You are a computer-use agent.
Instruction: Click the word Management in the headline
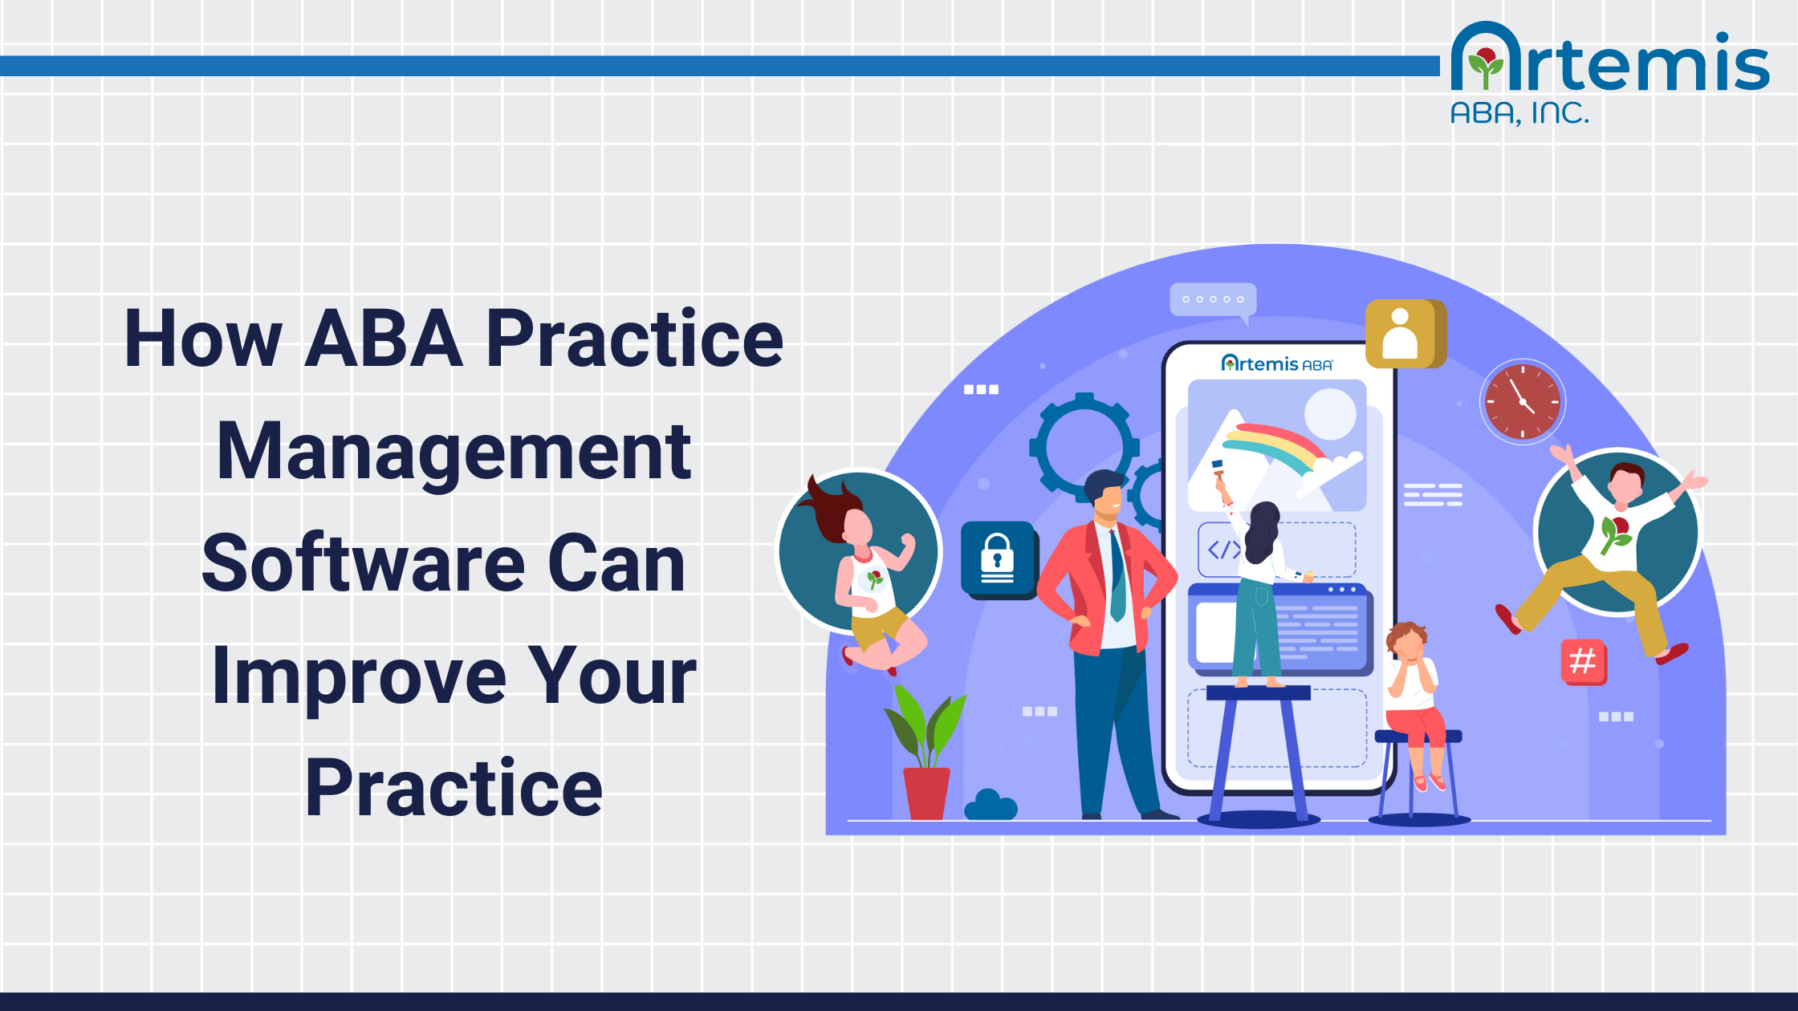click(454, 452)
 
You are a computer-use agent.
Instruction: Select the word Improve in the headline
click(358, 676)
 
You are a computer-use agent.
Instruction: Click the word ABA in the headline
click(384, 339)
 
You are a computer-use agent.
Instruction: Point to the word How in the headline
click(203, 339)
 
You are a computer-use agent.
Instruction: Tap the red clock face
click(1522, 401)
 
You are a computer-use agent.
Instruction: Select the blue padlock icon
click(998, 558)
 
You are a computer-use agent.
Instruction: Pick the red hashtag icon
click(1583, 661)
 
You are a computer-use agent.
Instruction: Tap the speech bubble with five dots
click(1213, 300)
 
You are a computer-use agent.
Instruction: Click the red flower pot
click(926, 793)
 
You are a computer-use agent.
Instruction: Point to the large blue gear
click(1084, 446)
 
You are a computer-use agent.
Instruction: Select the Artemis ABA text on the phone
click(1276, 364)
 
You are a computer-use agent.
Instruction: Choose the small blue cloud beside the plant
click(991, 806)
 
